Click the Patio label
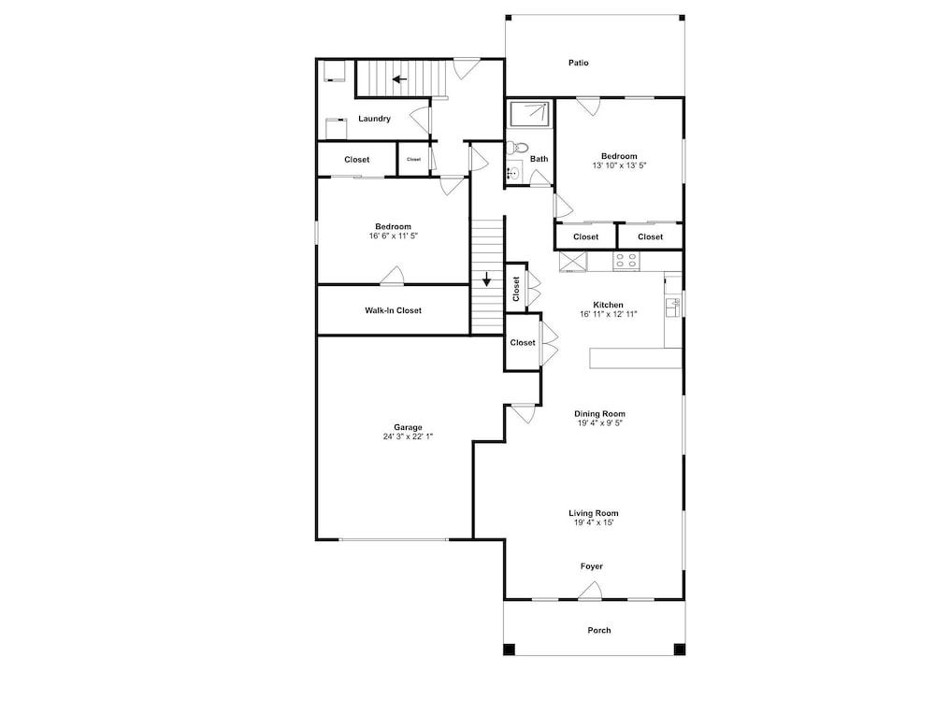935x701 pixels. pyautogui.click(x=579, y=63)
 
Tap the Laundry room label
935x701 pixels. pyautogui.click(x=375, y=119)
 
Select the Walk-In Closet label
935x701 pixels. pyautogui.click(x=393, y=310)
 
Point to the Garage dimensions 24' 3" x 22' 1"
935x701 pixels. pyautogui.click(x=408, y=436)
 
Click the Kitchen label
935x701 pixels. pyautogui.click(x=609, y=305)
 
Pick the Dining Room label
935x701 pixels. pyautogui.click(x=600, y=414)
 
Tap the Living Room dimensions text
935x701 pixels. pyautogui.click(x=594, y=522)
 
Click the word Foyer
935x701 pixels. pyautogui.click(x=592, y=566)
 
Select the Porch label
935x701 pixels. pyautogui.click(x=599, y=630)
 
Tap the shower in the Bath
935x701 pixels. pyautogui.click(x=529, y=114)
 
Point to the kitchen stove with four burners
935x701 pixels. pyautogui.click(x=626, y=261)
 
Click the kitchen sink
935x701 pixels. pyautogui.click(x=673, y=307)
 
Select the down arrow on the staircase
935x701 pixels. pyautogui.click(x=487, y=279)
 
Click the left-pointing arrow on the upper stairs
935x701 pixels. pyautogui.click(x=399, y=79)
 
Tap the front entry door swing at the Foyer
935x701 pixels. pyautogui.click(x=590, y=591)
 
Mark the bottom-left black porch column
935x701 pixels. pyautogui.click(x=509, y=650)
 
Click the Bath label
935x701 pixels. pyautogui.click(x=539, y=159)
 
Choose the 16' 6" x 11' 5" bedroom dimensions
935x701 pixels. pyautogui.click(x=394, y=236)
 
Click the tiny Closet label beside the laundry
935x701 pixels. pyautogui.click(x=414, y=159)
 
